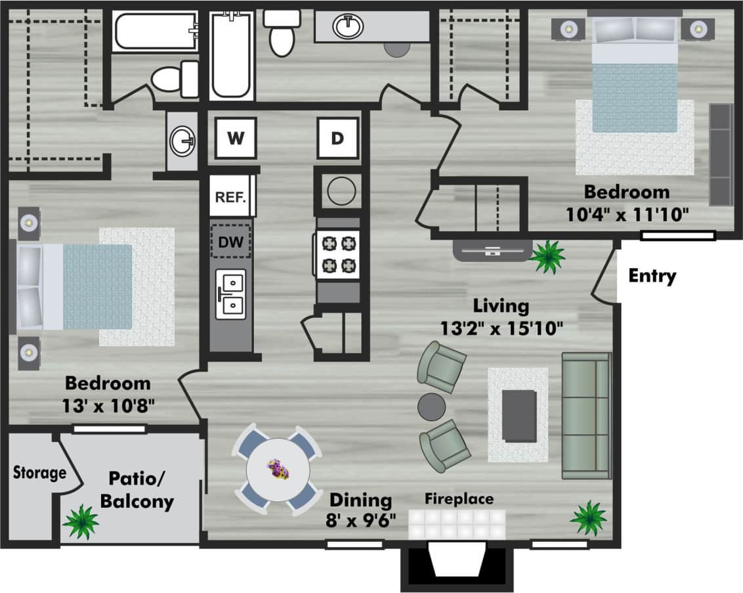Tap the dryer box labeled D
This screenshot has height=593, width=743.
[x=337, y=138]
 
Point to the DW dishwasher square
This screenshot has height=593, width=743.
[x=230, y=242]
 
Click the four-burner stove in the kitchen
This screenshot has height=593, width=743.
[x=337, y=254]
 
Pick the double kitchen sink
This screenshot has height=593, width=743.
[x=231, y=294]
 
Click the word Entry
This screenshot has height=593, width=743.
[x=652, y=276]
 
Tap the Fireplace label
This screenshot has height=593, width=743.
[x=459, y=498]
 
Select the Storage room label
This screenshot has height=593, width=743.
[x=39, y=472]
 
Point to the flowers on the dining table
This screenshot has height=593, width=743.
[x=278, y=469]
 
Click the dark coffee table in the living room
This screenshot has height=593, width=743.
[x=519, y=415]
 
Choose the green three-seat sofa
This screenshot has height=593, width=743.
[x=585, y=415]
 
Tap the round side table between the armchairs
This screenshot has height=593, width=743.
[x=431, y=406]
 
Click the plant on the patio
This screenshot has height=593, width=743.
[x=81, y=521]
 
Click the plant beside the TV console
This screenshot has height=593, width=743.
[x=547, y=256]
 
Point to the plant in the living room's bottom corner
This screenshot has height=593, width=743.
[x=588, y=517]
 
